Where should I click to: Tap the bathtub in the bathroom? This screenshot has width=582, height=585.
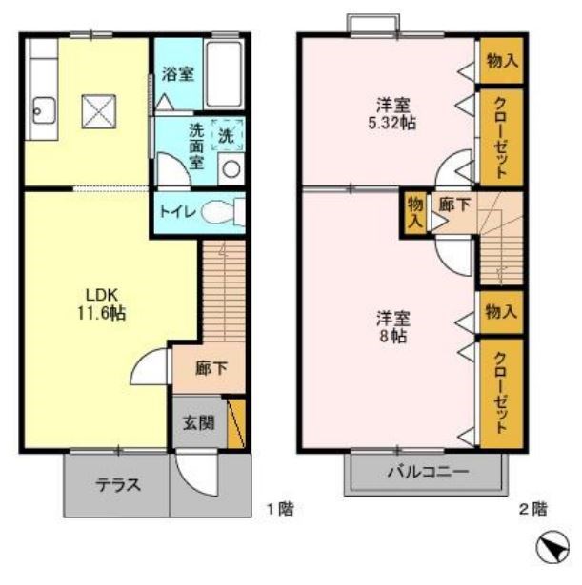point(225,75)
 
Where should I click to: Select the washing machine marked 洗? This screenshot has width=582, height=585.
point(227,135)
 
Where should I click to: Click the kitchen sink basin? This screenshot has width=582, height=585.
point(41,108)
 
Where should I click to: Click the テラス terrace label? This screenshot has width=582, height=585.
point(118,484)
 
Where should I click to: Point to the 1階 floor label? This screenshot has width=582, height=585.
point(278,509)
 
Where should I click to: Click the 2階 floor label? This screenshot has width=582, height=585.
point(533,509)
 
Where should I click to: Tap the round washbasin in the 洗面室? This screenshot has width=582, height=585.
point(229,169)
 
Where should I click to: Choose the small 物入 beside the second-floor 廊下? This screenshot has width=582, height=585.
point(414,209)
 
